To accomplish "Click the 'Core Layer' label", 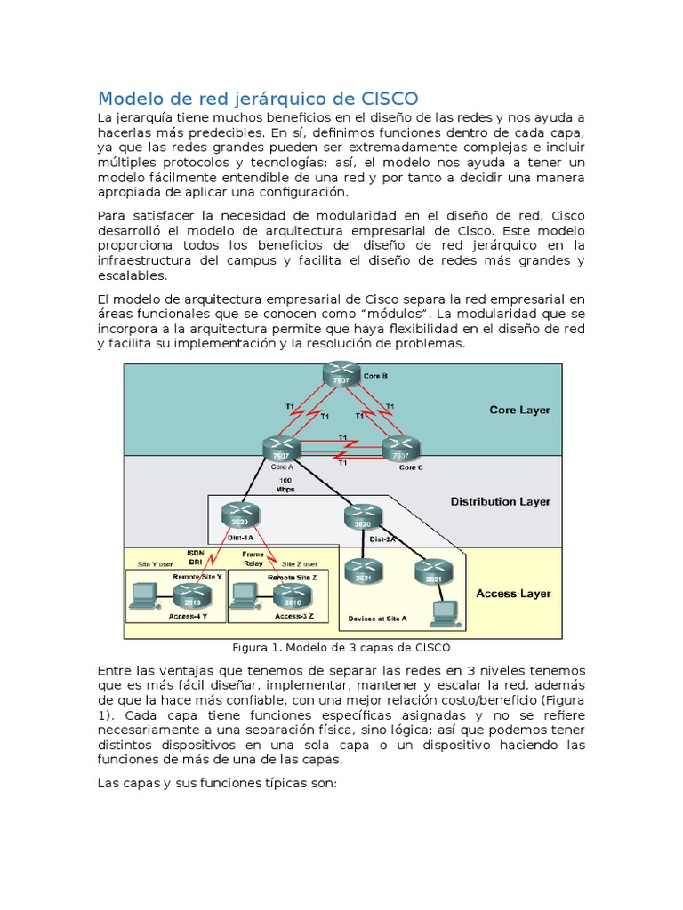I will click(x=519, y=411).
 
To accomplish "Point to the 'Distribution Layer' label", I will click(x=500, y=502).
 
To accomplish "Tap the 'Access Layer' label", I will click(x=513, y=594).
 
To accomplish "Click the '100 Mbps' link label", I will click(x=285, y=484).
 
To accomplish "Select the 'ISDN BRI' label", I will click(x=196, y=557).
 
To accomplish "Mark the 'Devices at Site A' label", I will click(x=378, y=618).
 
